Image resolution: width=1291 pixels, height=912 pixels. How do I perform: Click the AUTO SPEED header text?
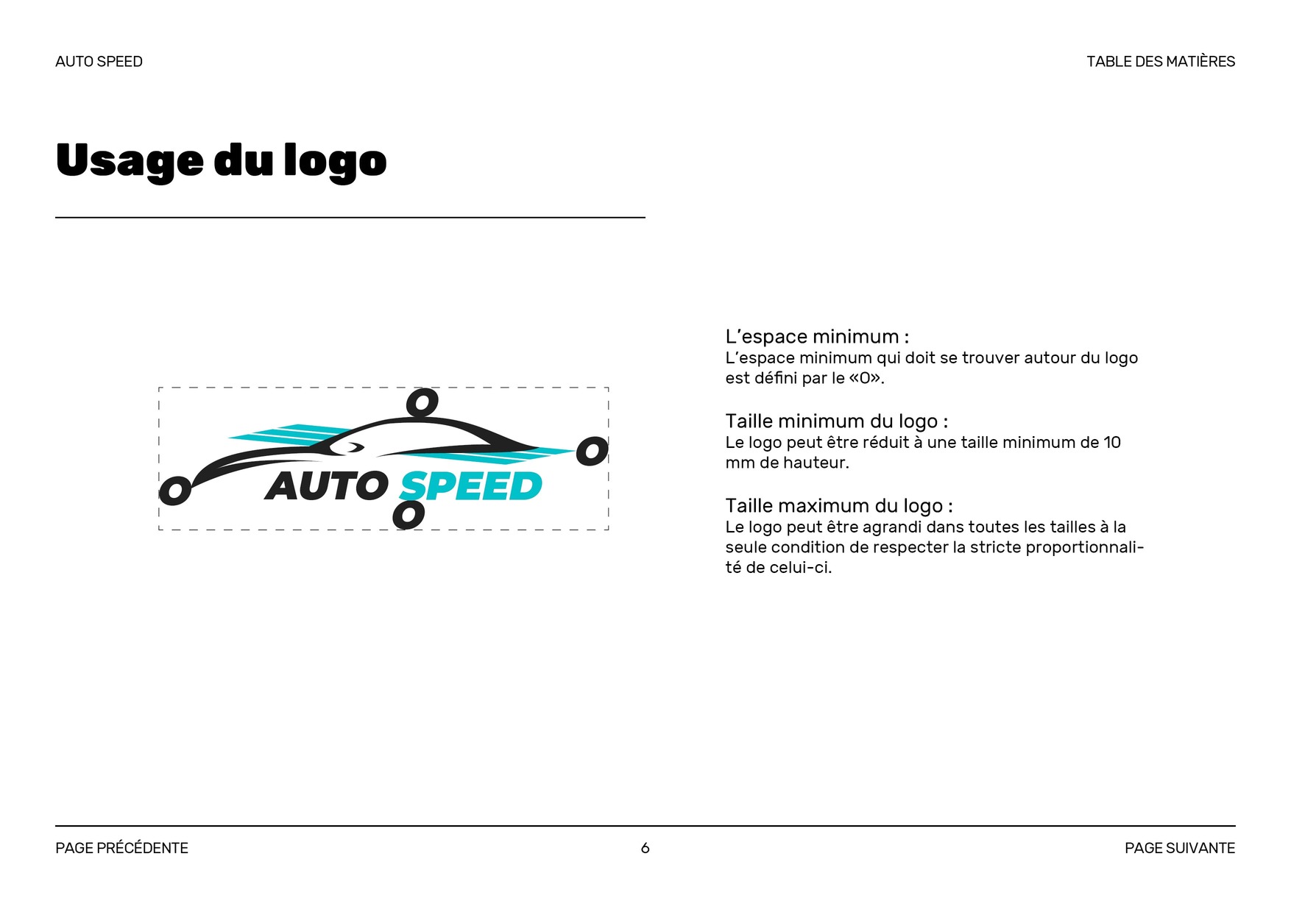(99, 62)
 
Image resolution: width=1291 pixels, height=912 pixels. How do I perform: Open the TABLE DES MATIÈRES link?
(1160, 62)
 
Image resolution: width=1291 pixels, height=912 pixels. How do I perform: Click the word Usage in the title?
(130, 161)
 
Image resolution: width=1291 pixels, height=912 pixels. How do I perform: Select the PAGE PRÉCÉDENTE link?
(121, 848)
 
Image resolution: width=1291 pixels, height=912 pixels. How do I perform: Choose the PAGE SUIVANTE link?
(1179, 848)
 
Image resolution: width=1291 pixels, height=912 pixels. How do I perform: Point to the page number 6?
(645, 848)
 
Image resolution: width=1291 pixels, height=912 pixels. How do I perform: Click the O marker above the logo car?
(422, 403)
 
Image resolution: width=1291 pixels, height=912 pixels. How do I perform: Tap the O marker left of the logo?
(175, 491)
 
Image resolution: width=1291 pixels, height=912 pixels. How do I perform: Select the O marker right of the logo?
(592, 451)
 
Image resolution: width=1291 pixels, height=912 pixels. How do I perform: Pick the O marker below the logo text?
(408, 515)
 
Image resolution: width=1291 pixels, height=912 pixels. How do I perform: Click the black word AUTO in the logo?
(326, 486)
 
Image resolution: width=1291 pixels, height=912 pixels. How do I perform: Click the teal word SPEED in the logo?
(471, 487)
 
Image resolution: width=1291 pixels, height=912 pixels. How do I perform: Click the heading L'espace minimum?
(816, 337)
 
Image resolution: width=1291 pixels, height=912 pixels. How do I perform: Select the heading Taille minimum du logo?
(836, 421)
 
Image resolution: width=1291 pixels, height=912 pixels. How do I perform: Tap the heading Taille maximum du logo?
(838, 506)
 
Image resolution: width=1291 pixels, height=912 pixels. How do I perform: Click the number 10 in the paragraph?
(1111, 443)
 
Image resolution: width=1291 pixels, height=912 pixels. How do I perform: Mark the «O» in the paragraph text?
(865, 379)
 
